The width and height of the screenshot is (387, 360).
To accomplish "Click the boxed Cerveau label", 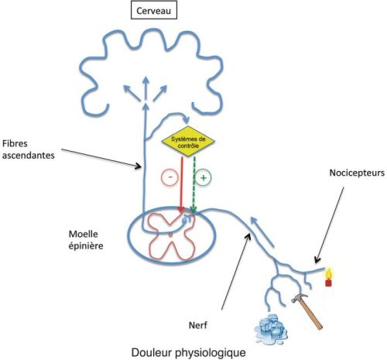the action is [x=154, y=11].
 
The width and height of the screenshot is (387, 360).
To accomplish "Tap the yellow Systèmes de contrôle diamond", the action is [x=188, y=142].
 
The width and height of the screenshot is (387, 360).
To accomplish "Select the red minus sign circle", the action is [x=170, y=177].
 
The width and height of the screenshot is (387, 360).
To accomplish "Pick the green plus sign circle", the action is [x=204, y=177].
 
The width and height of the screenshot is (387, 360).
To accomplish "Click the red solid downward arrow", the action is [x=181, y=184].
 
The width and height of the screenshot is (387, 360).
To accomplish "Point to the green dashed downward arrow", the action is [x=193, y=184].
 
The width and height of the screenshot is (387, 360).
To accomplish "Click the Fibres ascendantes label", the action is [x=29, y=149].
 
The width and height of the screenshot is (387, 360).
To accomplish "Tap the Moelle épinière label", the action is [x=86, y=240].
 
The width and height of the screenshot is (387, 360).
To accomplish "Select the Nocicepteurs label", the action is [x=357, y=173].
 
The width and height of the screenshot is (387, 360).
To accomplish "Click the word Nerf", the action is [x=198, y=325].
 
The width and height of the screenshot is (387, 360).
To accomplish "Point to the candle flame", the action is [x=328, y=273].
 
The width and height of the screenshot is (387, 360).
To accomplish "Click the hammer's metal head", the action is [x=299, y=298].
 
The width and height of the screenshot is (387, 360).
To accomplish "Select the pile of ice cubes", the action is [x=271, y=327].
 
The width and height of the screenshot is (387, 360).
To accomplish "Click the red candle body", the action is [x=328, y=283].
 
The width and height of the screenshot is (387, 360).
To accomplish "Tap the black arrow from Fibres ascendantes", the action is [x=101, y=158].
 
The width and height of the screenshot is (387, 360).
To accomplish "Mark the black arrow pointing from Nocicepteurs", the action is [x=330, y=225].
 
